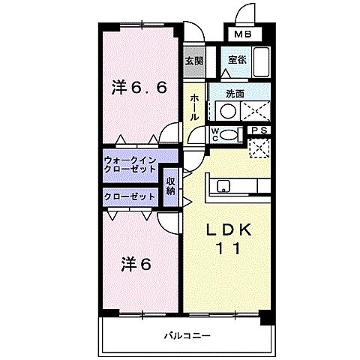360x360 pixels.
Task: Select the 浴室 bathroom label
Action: tap(236, 58)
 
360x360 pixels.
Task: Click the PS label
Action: tap(259, 130)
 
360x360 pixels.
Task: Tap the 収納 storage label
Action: tap(171, 185)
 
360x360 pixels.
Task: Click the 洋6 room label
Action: tap(136, 264)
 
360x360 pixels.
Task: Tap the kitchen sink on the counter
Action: tap(223, 187)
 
